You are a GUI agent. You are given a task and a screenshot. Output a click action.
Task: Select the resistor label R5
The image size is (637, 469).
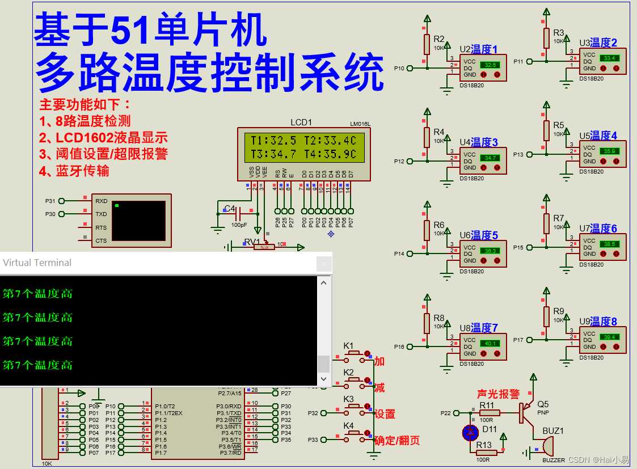(x=559, y=125)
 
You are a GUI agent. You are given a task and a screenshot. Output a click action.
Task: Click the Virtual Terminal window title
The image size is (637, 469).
(x=37, y=263)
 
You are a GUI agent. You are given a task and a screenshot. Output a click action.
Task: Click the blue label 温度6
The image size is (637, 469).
(x=604, y=229)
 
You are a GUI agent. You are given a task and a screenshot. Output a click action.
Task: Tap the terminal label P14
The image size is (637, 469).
(x=399, y=254)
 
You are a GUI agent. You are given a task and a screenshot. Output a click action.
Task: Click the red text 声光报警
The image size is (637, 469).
(x=497, y=394)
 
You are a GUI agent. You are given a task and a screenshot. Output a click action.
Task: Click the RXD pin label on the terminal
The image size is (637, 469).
(x=101, y=201)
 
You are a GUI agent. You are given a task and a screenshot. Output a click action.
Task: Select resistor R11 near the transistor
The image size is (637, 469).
(x=487, y=413)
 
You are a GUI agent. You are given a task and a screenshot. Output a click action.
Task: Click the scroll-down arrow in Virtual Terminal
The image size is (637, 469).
(x=324, y=378)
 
